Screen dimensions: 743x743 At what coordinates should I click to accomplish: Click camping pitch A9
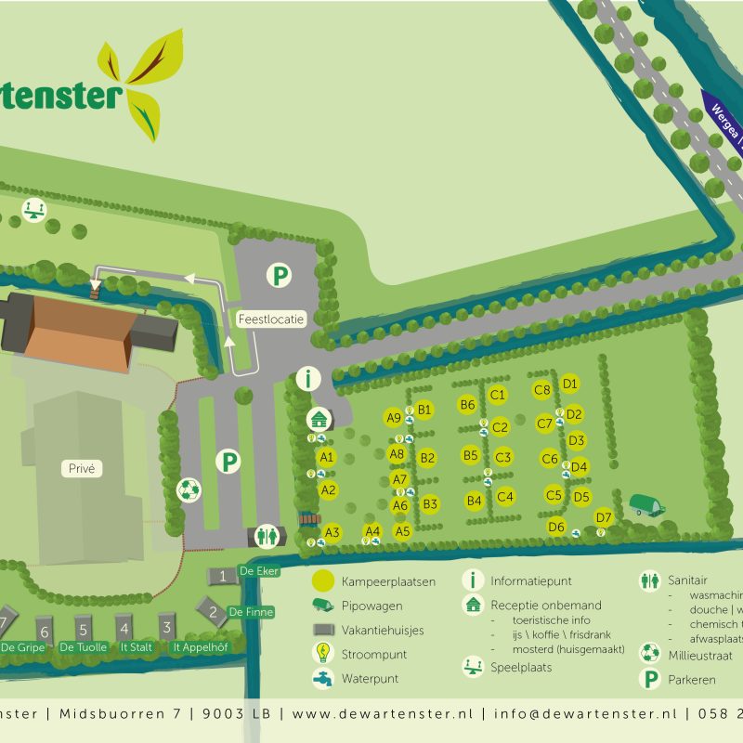tap(394, 418)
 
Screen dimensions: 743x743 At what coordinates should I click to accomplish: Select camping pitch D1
tap(570, 384)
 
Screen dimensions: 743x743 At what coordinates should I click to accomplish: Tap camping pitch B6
tap(467, 405)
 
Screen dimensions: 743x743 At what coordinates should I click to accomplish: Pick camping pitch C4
tap(505, 496)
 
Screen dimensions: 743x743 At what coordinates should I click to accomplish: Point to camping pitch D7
tap(604, 517)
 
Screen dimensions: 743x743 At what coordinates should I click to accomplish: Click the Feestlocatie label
tap(270, 319)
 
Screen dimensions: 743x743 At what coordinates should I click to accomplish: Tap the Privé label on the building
tap(83, 469)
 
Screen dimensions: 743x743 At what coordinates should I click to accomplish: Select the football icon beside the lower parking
tap(189, 489)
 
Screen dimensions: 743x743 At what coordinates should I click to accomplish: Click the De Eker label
tap(258, 571)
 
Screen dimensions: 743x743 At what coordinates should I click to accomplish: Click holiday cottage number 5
tap(83, 627)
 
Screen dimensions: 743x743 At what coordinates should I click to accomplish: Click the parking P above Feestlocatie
tap(279, 275)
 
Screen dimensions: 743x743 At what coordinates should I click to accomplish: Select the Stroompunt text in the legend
tap(374, 654)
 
